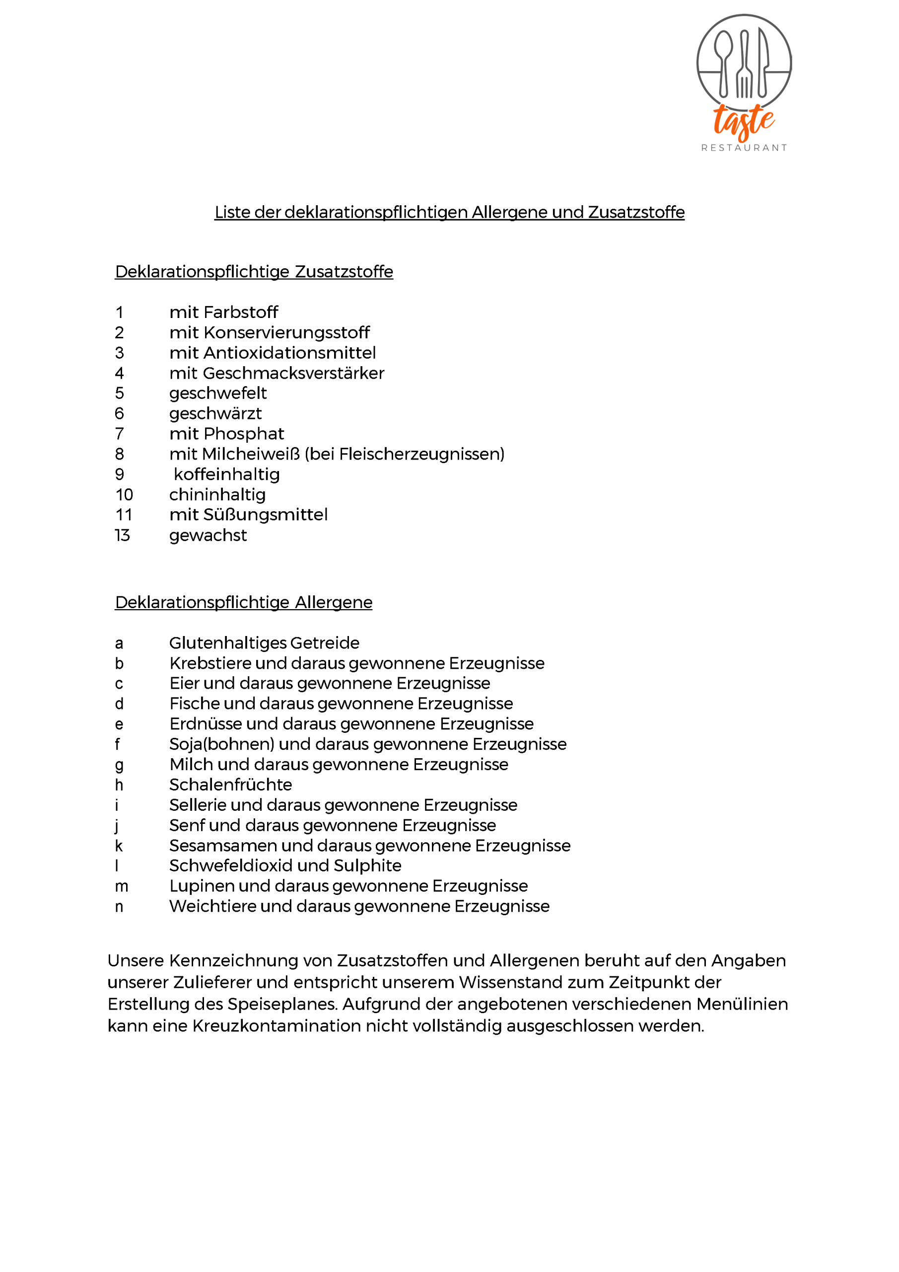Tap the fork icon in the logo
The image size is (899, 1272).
745,64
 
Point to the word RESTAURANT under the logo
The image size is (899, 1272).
744,148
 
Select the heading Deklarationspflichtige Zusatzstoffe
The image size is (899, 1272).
254,271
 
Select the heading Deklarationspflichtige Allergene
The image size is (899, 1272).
244,602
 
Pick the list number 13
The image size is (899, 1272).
122,535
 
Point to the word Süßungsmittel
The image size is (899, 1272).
265,515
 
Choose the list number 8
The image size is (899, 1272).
120,454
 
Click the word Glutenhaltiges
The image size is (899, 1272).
227,643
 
